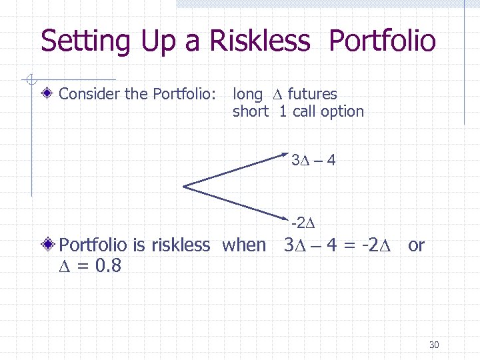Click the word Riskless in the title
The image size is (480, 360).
click(260, 41)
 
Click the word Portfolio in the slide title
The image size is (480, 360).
click(382, 41)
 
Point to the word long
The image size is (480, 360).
click(247, 95)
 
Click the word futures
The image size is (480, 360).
click(312, 95)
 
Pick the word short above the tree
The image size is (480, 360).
click(250, 112)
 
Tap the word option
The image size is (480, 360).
click(342, 112)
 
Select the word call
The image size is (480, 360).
click(304, 112)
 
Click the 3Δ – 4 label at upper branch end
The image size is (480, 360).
click(313, 160)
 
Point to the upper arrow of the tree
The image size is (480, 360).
click(237, 169)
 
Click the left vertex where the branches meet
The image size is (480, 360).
click(185, 185)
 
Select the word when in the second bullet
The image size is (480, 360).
click(243, 245)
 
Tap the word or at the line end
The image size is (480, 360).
click(415, 245)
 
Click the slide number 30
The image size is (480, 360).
click(434, 345)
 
